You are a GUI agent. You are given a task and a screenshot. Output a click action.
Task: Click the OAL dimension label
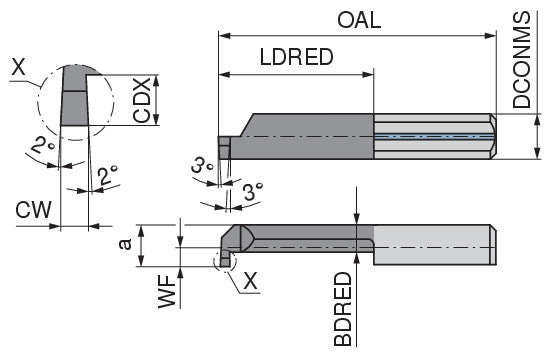click(x=359, y=20)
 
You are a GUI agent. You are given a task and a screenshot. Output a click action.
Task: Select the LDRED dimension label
click(x=296, y=57)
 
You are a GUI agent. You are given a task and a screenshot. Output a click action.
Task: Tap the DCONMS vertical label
click(x=521, y=59)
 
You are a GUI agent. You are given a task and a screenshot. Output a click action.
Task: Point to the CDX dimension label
click(x=142, y=100)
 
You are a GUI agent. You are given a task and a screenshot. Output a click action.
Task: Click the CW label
click(x=33, y=210)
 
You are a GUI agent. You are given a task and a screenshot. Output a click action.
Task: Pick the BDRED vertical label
click(x=343, y=309)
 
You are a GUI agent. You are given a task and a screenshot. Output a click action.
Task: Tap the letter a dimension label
click(x=125, y=244)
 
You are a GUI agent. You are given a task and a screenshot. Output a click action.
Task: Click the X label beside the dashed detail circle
click(x=19, y=67)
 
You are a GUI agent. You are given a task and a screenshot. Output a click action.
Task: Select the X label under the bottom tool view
click(x=250, y=281)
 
